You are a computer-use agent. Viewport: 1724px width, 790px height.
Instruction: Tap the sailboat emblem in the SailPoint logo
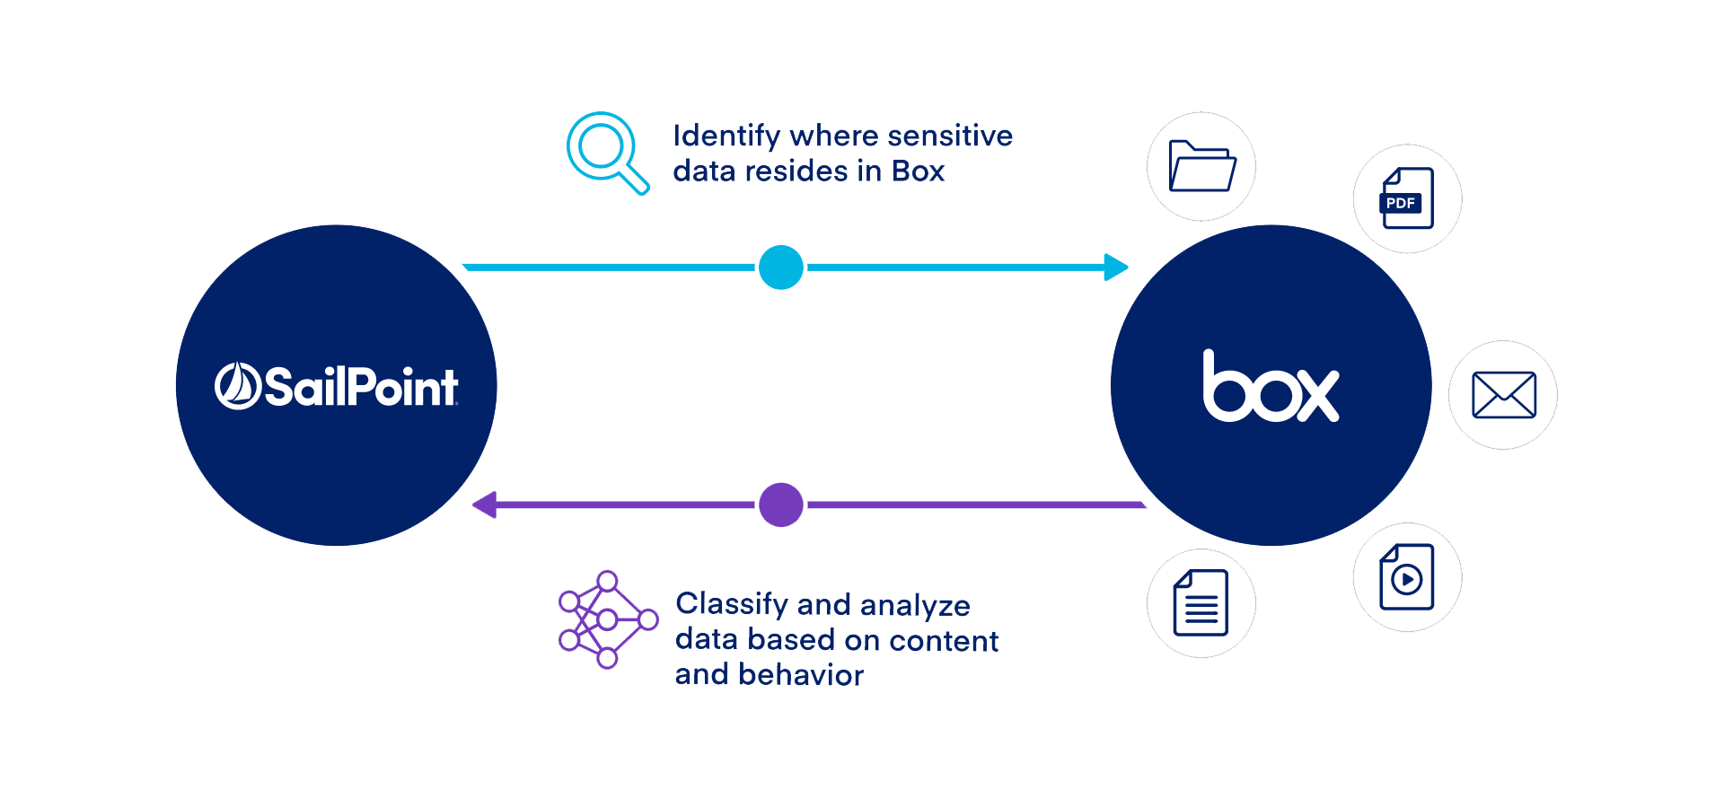pos(237,386)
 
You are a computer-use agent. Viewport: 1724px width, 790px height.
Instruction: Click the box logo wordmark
pos(1271,385)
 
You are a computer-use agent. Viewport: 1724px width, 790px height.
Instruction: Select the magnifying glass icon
pos(607,153)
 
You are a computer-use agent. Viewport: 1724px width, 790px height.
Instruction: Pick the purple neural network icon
pos(608,619)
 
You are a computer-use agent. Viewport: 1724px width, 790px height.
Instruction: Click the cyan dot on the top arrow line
pos(781,268)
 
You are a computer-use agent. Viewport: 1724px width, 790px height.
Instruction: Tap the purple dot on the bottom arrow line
pos(781,505)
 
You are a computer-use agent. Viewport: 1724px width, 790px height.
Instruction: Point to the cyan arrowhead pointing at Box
pos(1116,268)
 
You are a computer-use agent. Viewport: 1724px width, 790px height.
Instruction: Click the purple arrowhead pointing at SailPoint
pos(485,505)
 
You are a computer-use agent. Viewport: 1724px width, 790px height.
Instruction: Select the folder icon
pos(1202,166)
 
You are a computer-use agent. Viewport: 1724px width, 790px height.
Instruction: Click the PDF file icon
pos(1407,198)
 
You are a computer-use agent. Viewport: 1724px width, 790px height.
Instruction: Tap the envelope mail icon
pos(1504,395)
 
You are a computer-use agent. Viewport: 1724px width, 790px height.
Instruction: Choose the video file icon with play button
pos(1407,576)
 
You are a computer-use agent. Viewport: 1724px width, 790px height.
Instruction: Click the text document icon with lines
pos(1201,602)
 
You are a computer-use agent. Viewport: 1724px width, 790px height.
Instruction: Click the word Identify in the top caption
pos(727,136)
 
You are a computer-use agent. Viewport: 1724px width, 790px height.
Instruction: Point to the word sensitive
pos(950,136)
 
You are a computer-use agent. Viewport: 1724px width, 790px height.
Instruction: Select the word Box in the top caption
pos(918,171)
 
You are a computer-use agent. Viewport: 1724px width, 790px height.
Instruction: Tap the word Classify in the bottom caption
pos(732,605)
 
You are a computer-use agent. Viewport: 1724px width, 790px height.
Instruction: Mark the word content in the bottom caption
pos(944,641)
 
